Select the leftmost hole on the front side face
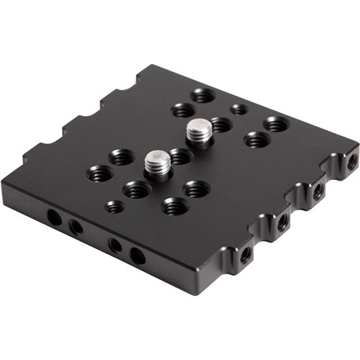(x=53, y=216)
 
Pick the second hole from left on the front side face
(x=76, y=228)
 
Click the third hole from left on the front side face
(x=115, y=245)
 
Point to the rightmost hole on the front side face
(x=137, y=255)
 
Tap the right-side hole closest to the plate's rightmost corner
(x=351, y=163)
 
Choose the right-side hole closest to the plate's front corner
(x=246, y=253)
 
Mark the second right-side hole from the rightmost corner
(x=318, y=192)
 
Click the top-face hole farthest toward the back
(x=202, y=95)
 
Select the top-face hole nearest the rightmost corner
(x=276, y=125)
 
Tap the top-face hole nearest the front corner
(x=174, y=207)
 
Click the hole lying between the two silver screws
(x=180, y=156)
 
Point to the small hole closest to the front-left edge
(x=114, y=207)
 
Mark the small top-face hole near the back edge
(x=238, y=109)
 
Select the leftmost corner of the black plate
(x=3, y=189)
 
